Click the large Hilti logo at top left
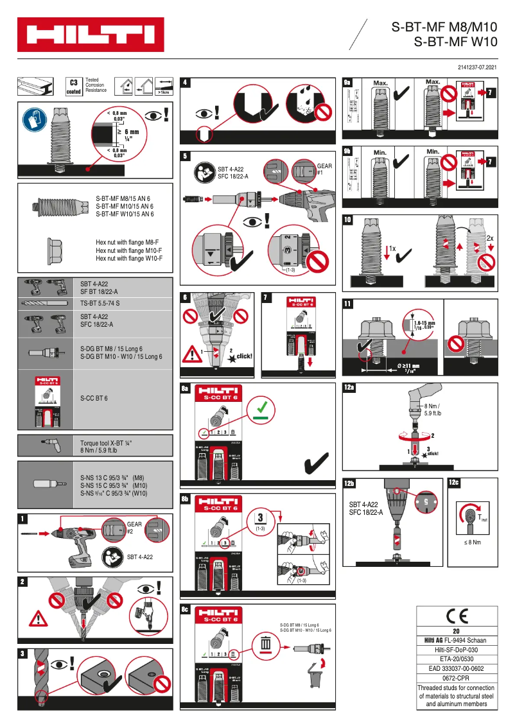coord(90,35)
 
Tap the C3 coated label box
coord(74,87)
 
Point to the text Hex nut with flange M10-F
coord(128,250)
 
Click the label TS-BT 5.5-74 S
coord(101,301)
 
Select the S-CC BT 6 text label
coord(94,398)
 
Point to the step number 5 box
coord(186,155)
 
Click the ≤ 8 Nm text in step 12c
coord(472,542)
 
